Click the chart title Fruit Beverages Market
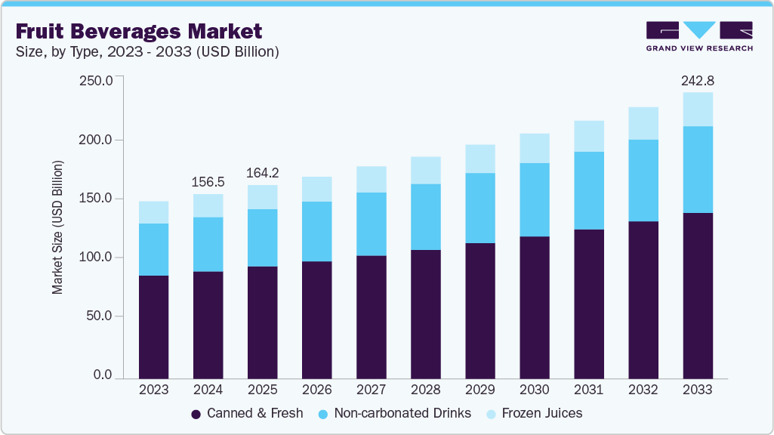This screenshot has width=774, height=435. pyautogui.click(x=139, y=31)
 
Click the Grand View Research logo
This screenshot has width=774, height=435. pyautogui.click(x=698, y=35)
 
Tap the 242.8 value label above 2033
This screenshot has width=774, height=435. pyautogui.click(x=697, y=80)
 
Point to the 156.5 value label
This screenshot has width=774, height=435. pyautogui.click(x=208, y=182)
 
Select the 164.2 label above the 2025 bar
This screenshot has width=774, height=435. pyautogui.click(x=262, y=173)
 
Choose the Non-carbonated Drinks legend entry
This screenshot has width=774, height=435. pyautogui.click(x=395, y=413)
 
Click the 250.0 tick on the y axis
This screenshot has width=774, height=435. pyautogui.click(x=96, y=81)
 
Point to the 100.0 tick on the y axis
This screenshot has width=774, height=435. pyautogui.click(x=96, y=258)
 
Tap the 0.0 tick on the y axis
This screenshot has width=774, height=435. pyautogui.click(x=102, y=375)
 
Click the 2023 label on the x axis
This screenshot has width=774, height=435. pyautogui.click(x=154, y=390)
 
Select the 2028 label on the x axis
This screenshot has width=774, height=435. pyautogui.click(x=426, y=390)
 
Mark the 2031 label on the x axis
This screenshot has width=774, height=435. pyautogui.click(x=589, y=390)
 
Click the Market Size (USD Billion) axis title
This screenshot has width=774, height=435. pyautogui.click(x=57, y=227)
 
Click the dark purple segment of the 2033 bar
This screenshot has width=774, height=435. pyautogui.click(x=698, y=295)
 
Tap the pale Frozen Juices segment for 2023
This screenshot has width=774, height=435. pyautogui.click(x=154, y=212)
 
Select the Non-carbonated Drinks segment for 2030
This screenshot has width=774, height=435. pyautogui.click(x=535, y=199)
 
